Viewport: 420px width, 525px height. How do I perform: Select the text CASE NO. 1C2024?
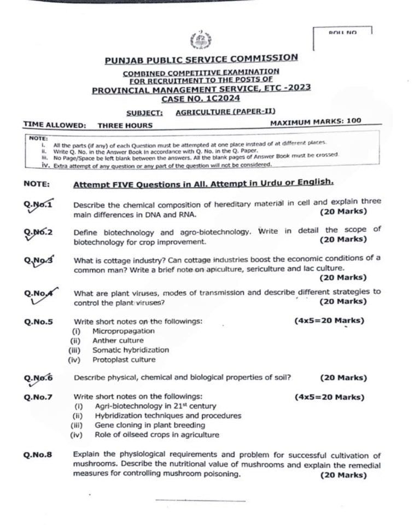(201, 99)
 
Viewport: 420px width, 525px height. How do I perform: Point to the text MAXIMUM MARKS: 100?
(316, 121)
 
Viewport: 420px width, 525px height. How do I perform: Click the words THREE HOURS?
(118, 125)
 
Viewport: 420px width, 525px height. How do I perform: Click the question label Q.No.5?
(38, 322)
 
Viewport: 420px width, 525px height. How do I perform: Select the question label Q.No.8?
(38, 454)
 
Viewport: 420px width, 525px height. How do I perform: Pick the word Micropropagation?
(124, 331)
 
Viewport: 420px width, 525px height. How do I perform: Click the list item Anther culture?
(118, 340)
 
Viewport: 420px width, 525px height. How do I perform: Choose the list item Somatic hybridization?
(131, 350)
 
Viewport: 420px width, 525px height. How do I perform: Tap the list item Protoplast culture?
(124, 360)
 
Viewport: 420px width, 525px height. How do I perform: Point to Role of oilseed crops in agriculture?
(157, 435)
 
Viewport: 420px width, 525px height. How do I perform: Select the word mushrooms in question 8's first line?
(90, 464)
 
